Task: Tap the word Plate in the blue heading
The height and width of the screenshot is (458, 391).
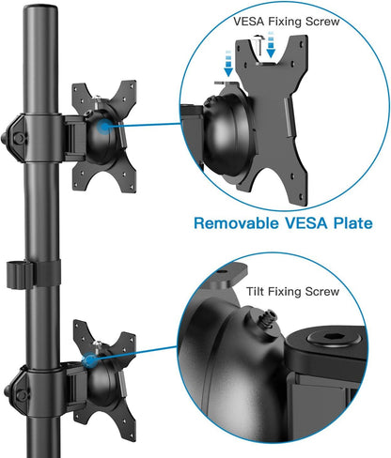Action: (347, 224)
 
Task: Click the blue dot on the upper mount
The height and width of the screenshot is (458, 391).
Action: (99, 122)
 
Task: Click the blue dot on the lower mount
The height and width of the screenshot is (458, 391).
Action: (91, 359)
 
